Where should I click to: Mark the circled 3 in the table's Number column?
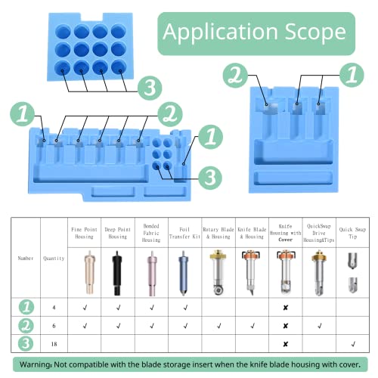pyautogui.click(x=27, y=343)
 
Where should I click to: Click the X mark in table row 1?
pyautogui.click(x=285, y=308)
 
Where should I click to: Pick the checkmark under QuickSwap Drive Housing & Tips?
pyautogui.click(x=318, y=326)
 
